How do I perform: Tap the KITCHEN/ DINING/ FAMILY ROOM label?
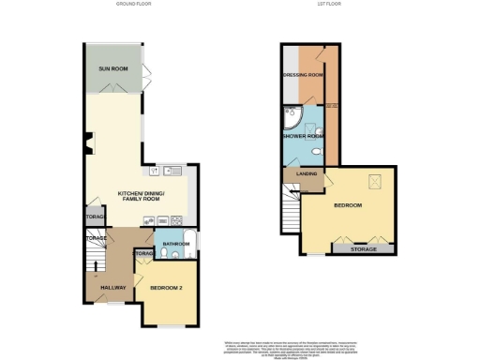coord(141,197)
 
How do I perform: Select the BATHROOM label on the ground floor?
coord(175,244)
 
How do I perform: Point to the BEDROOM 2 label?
coord(166,288)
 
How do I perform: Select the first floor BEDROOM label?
coord(347,207)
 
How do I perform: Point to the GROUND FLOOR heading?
coord(134,5)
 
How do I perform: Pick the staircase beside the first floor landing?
coord(288,199)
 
